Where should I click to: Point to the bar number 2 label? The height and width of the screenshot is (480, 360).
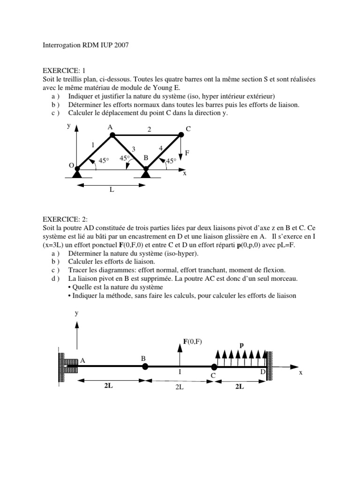pyautogui.click(x=149, y=129)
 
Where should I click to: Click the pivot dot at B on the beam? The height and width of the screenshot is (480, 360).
pyautogui.click(x=145, y=367)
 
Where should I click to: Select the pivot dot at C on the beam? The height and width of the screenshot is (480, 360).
pyautogui.click(x=214, y=367)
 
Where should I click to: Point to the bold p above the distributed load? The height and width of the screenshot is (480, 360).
pyautogui.click(x=242, y=345)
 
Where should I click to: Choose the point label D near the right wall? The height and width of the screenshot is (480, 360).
pyautogui.click(x=263, y=372)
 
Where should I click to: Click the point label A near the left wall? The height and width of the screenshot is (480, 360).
pyautogui.click(x=83, y=360)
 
